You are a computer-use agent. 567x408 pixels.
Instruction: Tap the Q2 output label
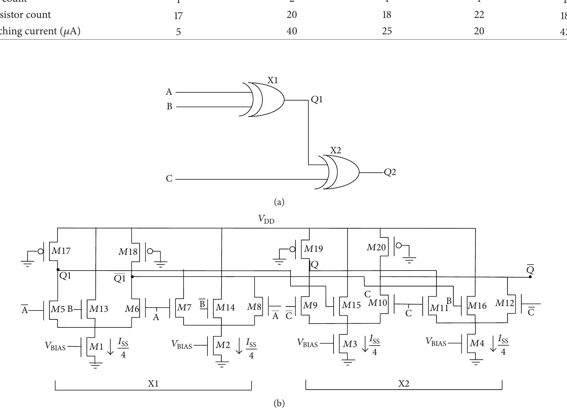(x=390, y=172)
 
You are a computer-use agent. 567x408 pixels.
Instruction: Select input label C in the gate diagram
(x=169, y=178)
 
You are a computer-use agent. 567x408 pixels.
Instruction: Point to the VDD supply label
(x=266, y=219)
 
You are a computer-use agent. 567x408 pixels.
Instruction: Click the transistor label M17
(x=61, y=251)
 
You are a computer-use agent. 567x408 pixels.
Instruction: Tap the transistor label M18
(x=128, y=252)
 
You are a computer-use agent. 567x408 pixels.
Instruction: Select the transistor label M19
(x=313, y=249)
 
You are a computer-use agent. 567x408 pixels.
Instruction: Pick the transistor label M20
(x=376, y=248)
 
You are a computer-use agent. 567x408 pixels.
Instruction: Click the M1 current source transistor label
(x=96, y=347)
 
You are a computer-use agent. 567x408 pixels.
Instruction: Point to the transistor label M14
(x=225, y=307)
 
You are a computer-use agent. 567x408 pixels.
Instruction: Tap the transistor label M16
(x=477, y=306)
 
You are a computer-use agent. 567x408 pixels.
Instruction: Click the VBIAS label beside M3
(x=307, y=343)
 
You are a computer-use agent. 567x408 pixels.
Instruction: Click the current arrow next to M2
(x=239, y=346)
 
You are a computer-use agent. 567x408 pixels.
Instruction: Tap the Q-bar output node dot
(x=530, y=277)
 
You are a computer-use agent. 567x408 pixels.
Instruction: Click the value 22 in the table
(x=479, y=15)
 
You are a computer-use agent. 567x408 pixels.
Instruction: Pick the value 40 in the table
(x=292, y=31)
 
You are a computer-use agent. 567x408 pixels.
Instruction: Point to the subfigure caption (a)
(x=279, y=202)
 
